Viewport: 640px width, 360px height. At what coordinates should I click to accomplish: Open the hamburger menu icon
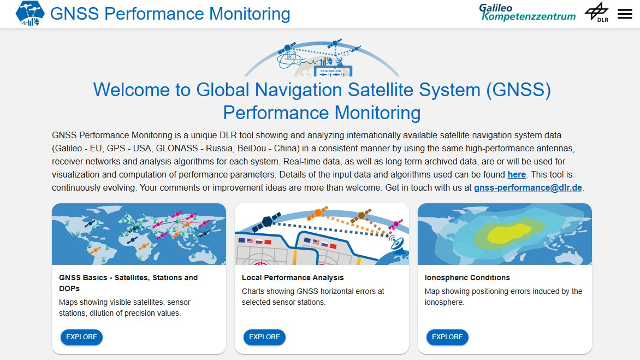click(x=625, y=14)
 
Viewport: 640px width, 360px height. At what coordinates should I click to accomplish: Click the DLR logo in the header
click(x=597, y=12)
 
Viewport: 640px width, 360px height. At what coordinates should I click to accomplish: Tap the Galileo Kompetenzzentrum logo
click(x=528, y=12)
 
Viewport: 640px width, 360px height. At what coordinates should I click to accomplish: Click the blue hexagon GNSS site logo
click(x=30, y=13)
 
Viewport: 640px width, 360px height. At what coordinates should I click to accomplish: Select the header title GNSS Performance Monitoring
click(x=170, y=14)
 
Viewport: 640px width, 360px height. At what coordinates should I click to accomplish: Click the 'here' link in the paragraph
click(x=517, y=175)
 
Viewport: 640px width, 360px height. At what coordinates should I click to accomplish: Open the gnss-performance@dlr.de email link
click(x=528, y=188)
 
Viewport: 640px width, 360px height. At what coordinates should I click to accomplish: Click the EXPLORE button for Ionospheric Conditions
click(x=447, y=337)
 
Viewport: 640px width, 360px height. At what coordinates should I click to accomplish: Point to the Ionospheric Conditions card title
click(x=467, y=278)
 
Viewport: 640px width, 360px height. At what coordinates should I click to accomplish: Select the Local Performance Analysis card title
click(x=293, y=278)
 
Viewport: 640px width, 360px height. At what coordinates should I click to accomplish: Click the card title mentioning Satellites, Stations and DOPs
click(x=128, y=283)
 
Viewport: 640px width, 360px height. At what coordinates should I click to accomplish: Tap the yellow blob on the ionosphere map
click(x=510, y=233)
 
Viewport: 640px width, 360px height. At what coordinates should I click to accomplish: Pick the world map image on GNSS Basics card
click(x=139, y=234)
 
